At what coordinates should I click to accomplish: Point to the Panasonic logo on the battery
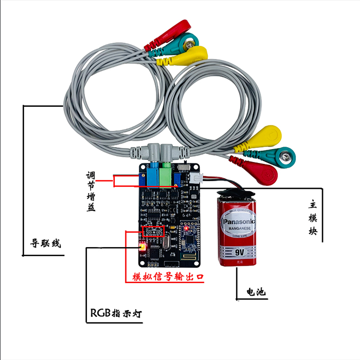coord(239,222)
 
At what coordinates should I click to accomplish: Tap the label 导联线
coord(46,243)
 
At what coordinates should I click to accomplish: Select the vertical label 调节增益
coord(91,191)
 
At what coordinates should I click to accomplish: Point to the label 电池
coord(255,292)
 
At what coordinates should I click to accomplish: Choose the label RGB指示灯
coord(116,314)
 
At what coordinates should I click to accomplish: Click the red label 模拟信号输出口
coord(168,277)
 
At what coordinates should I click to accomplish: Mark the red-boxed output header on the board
coord(154,231)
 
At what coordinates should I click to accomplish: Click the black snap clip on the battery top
coord(236,191)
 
